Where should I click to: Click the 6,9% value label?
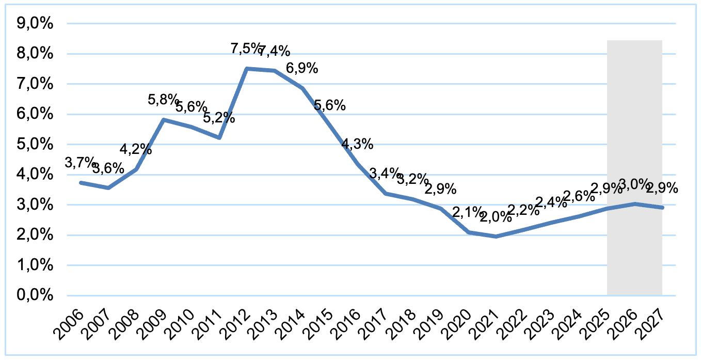pyautogui.click(x=302, y=68)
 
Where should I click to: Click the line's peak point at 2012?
pyautogui.click(x=247, y=69)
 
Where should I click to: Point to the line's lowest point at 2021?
pyautogui.click(x=496, y=237)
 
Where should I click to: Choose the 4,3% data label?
pyautogui.click(x=357, y=144)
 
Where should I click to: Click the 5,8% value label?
pyautogui.click(x=164, y=100)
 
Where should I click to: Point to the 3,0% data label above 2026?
pyautogui.click(x=634, y=184)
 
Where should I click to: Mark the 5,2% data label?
pyautogui.click(x=219, y=118)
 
